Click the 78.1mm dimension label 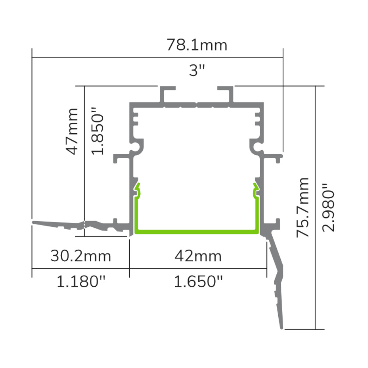(x=197, y=45)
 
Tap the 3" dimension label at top (x=197, y=70)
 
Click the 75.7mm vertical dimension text (x=304, y=207)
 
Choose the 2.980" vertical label (x=329, y=207)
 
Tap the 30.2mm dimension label (x=81, y=256)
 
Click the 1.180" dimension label (x=81, y=282)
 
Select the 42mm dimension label (x=198, y=256)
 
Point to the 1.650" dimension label (x=198, y=282)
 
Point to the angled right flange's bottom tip (x=282, y=326)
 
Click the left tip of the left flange (x=34, y=222)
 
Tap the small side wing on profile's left (x=120, y=159)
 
